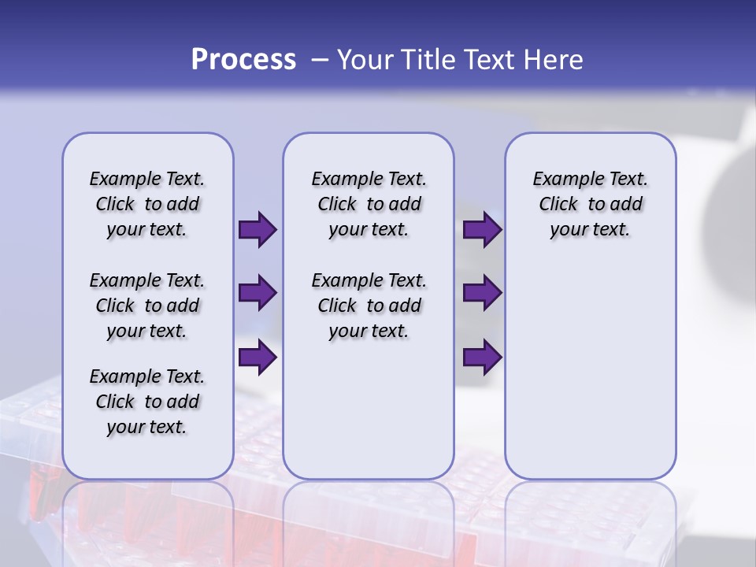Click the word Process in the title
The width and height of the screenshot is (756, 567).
pos(243,60)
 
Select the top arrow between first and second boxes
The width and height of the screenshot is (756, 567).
pos(258,229)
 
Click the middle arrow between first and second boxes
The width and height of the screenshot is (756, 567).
pos(258,293)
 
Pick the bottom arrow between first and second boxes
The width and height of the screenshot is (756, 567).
pos(258,358)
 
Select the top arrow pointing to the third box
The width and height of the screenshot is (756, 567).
pos(482,229)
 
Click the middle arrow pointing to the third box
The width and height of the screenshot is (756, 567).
pos(482,293)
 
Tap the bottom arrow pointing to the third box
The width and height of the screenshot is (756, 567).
pos(482,358)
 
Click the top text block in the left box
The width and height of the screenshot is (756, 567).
pos(147,204)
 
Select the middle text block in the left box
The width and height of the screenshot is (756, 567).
pos(147,306)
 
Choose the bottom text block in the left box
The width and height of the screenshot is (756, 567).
pos(147,402)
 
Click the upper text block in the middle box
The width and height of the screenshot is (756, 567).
pos(369,204)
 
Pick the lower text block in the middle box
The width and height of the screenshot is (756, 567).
pos(369,306)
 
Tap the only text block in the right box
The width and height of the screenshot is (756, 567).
pos(590,204)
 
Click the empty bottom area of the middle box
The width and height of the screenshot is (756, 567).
pos(369,417)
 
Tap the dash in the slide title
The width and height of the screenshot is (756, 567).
pos(320,60)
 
